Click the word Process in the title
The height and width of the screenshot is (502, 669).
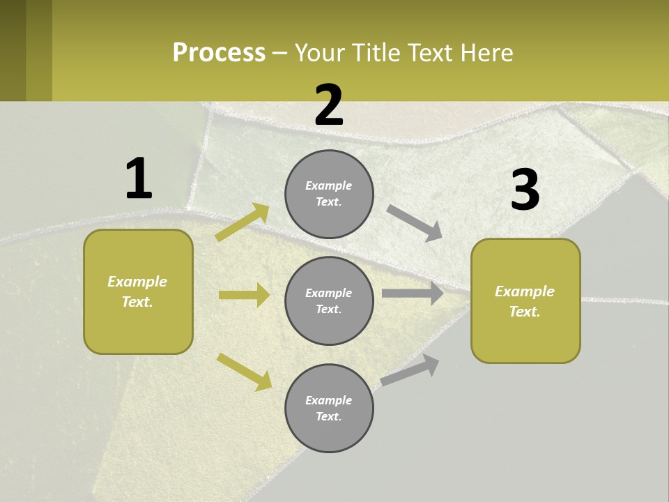(219, 53)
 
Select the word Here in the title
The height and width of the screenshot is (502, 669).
(484, 53)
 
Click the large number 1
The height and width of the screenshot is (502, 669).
(139, 179)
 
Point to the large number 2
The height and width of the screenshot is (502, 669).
(329, 105)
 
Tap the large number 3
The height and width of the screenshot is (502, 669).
(525, 190)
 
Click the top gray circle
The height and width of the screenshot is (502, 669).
(329, 194)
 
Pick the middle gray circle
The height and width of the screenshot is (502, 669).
(329, 301)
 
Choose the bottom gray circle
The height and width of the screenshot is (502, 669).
(329, 408)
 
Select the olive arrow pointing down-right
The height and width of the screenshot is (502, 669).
(245, 372)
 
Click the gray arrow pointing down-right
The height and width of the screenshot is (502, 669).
(415, 222)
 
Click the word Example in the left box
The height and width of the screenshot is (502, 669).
(137, 282)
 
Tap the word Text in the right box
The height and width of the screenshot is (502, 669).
(524, 312)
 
